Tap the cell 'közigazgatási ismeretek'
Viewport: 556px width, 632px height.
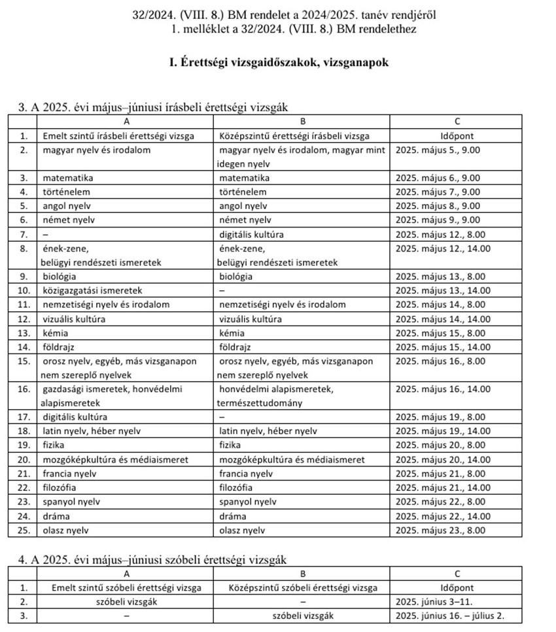pos(92,290)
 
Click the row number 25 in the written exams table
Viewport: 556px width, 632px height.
pos(24,530)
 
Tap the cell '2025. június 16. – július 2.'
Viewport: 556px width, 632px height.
pos(450,616)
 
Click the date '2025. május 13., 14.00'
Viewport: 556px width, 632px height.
pos(443,290)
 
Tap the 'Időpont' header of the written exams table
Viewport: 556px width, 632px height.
pos(457,137)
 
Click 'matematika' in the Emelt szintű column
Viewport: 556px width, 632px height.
pos(67,178)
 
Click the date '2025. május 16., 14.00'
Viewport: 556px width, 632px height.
pos(443,389)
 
